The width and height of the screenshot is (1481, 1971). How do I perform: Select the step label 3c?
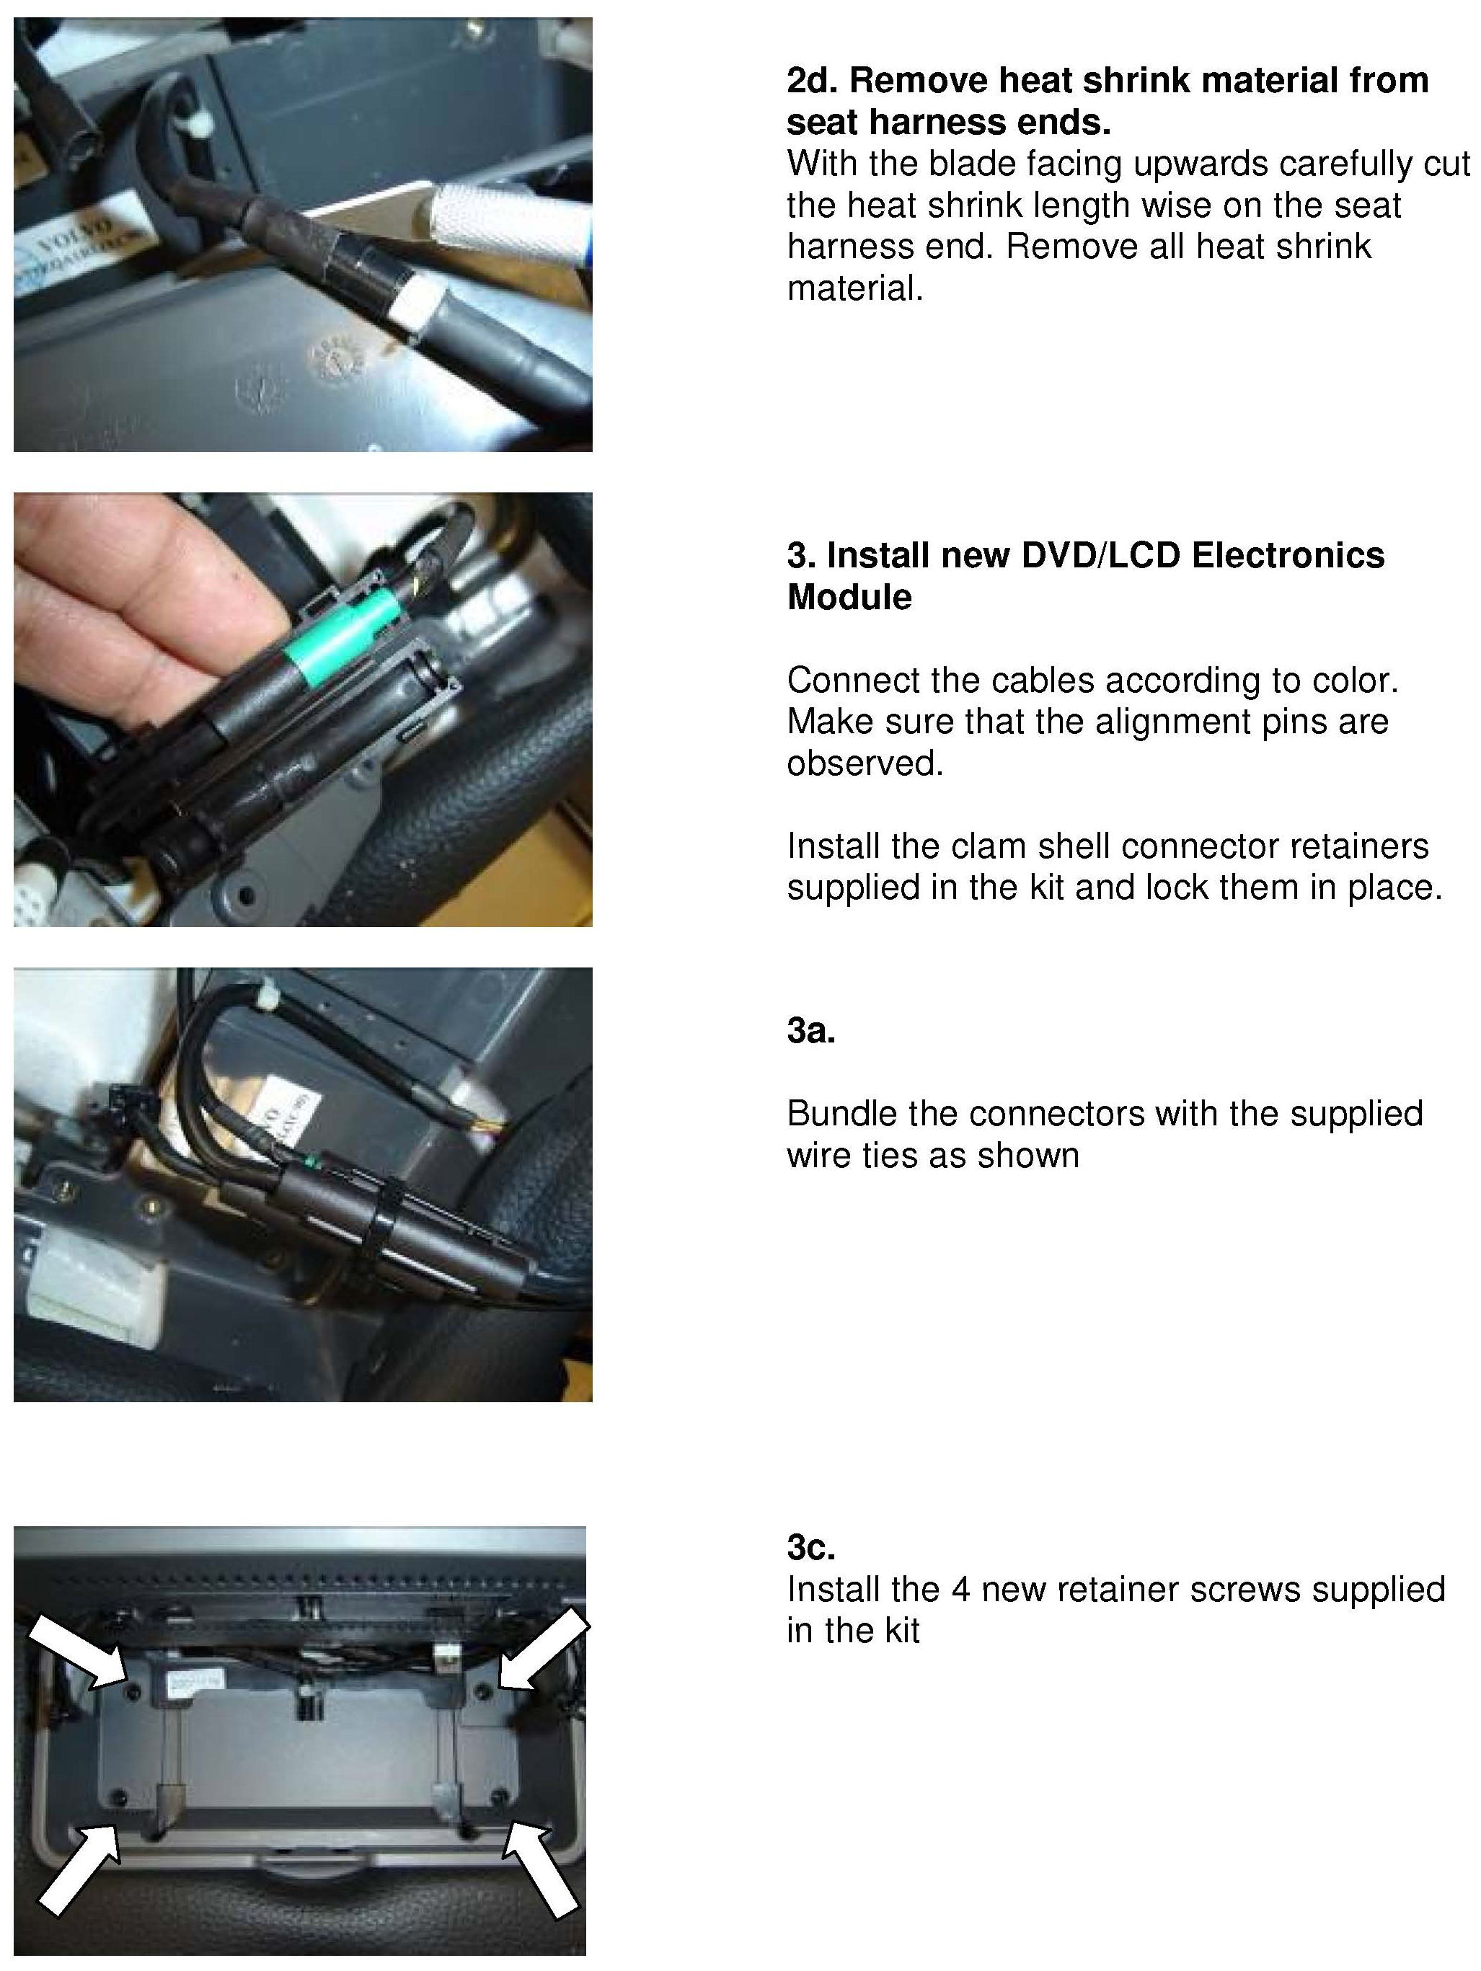click(x=811, y=1547)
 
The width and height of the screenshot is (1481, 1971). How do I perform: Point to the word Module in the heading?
click(x=849, y=597)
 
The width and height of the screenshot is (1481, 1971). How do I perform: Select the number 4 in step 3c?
click(x=960, y=1590)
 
